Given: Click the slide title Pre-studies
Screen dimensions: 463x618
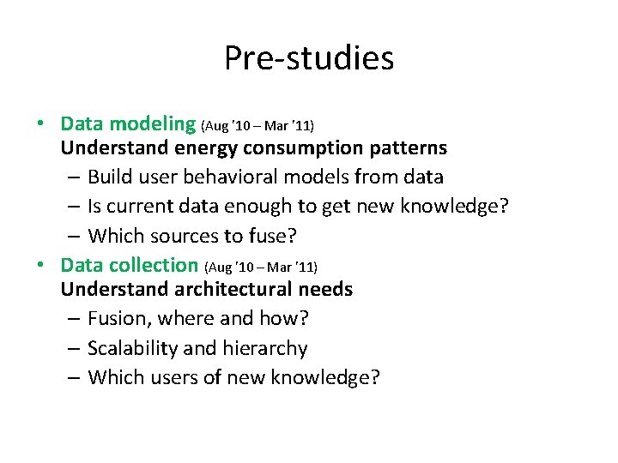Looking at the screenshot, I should [x=309, y=58].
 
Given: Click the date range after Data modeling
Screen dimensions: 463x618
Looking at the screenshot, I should [x=257, y=126].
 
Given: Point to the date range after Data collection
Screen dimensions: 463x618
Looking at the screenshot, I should [x=260, y=268].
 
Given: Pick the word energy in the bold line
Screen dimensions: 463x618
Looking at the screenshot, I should [x=203, y=147].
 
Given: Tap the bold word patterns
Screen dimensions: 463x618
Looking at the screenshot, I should [x=411, y=147].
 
